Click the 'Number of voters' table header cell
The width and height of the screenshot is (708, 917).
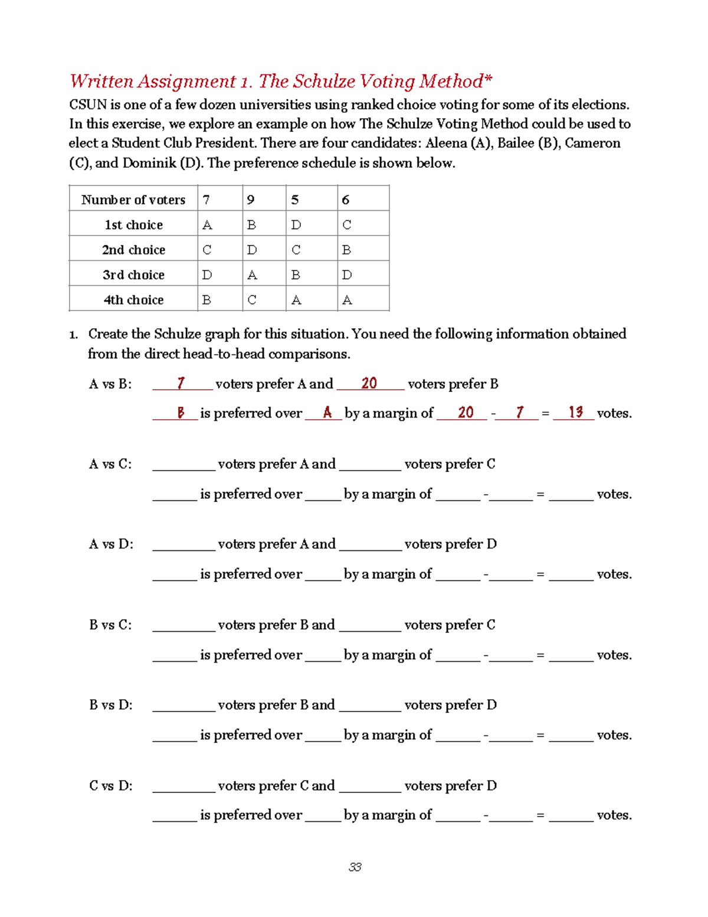[x=133, y=200]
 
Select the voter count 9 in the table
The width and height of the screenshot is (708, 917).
[x=251, y=200]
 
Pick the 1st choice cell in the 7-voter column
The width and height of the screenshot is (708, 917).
[x=207, y=225]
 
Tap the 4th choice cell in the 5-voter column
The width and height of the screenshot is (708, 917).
[x=296, y=300]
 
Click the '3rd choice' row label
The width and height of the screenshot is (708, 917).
[x=133, y=275]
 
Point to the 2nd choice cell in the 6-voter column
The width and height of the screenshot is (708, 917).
[x=347, y=250]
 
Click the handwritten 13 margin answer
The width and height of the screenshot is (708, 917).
[x=575, y=412]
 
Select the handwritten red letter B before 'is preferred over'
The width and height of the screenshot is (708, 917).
[x=181, y=413]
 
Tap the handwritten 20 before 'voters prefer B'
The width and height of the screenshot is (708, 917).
[x=369, y=383]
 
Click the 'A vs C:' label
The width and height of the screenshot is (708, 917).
[x=110, y=464]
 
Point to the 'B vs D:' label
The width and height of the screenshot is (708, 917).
[x=111, y=705]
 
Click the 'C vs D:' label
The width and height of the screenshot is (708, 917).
[x=111, y=786]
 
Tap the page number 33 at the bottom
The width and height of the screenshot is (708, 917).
[x=355, y=867]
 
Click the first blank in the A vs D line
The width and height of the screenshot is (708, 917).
[x=183, y=544]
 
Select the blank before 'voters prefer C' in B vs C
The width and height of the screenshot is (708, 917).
[x=370, y=625]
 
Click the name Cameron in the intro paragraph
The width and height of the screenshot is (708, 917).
[x=592, y=143]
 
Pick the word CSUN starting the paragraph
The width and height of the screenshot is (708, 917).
[x=88, y=105]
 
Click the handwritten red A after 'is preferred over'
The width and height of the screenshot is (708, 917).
[x=327, y=413]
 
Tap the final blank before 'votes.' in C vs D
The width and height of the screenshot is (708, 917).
[x=571, y=815]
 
